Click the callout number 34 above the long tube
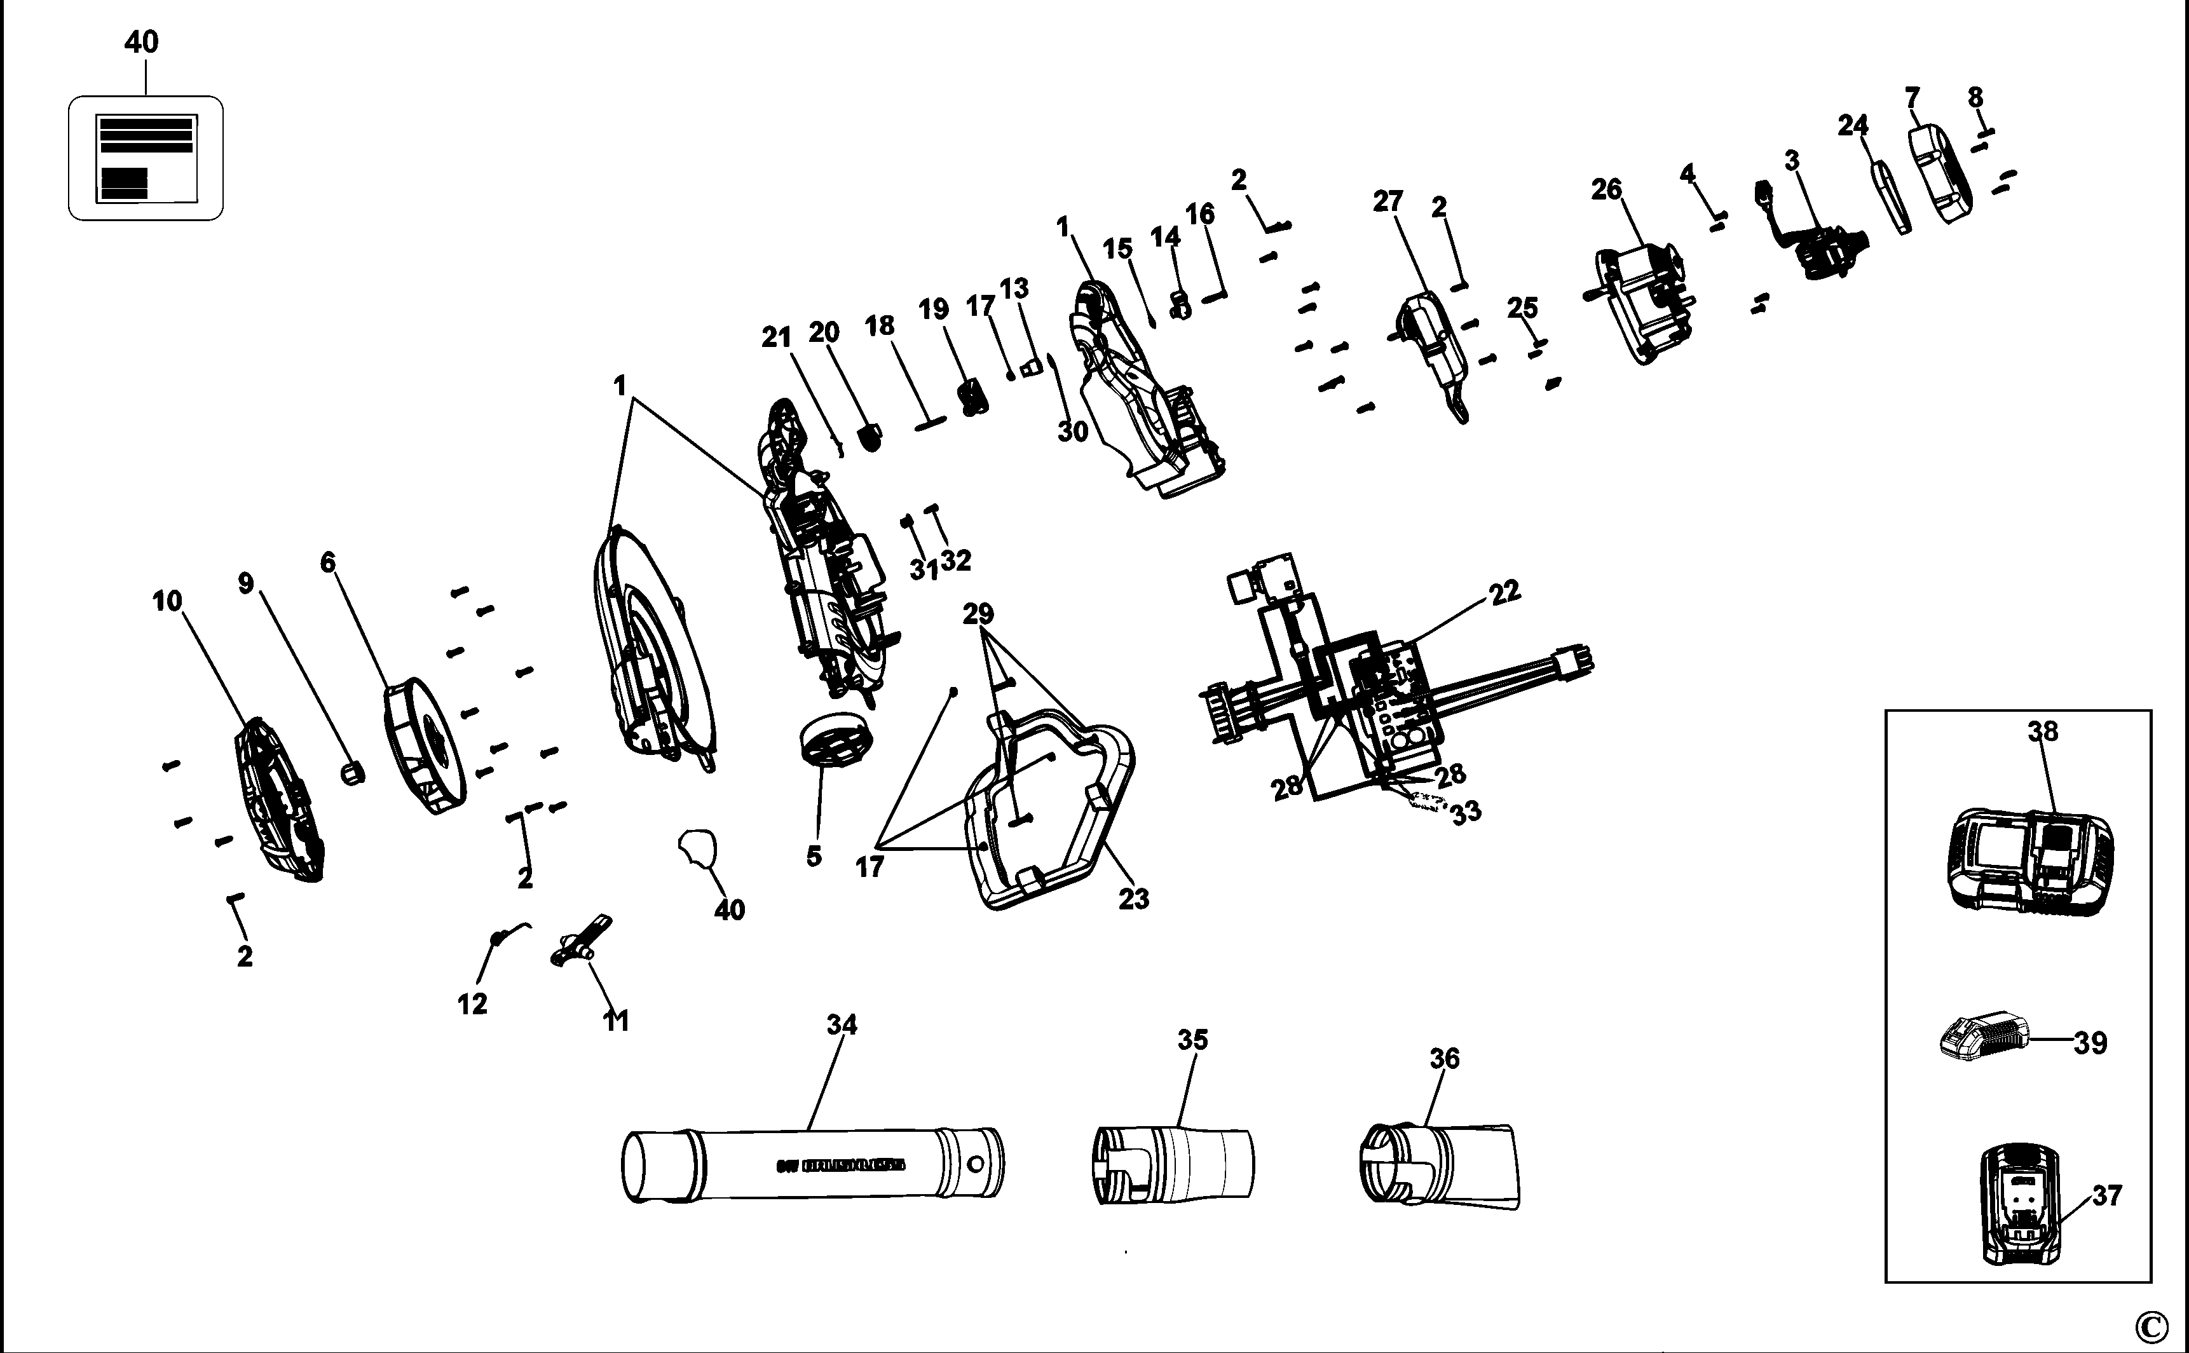coord(842,1024)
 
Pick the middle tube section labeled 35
coord(1173,1162)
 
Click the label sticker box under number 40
coord(146,158)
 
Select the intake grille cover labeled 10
coord(277,799)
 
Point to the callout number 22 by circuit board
coord(1504,592)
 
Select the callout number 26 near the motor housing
coord(1606,190)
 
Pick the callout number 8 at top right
coord(1975,97)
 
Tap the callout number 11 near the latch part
coord(616,1020)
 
